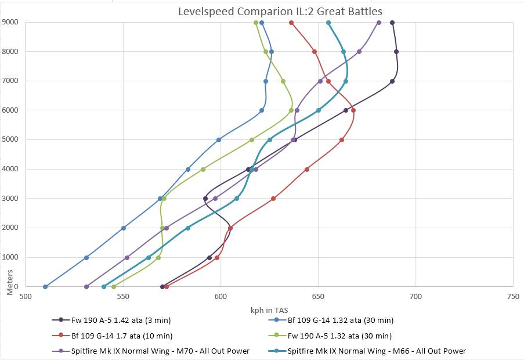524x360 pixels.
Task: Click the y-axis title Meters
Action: point(10,281)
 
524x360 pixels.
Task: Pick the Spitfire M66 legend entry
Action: point(377,351)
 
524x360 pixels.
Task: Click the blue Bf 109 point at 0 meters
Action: point(45,287)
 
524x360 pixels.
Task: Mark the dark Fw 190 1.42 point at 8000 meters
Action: point(396,52)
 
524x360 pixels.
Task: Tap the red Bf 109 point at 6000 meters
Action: point(353,110)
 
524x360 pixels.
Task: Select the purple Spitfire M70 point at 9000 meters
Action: point(379,23)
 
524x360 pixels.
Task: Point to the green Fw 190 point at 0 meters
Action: point(114,287)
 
